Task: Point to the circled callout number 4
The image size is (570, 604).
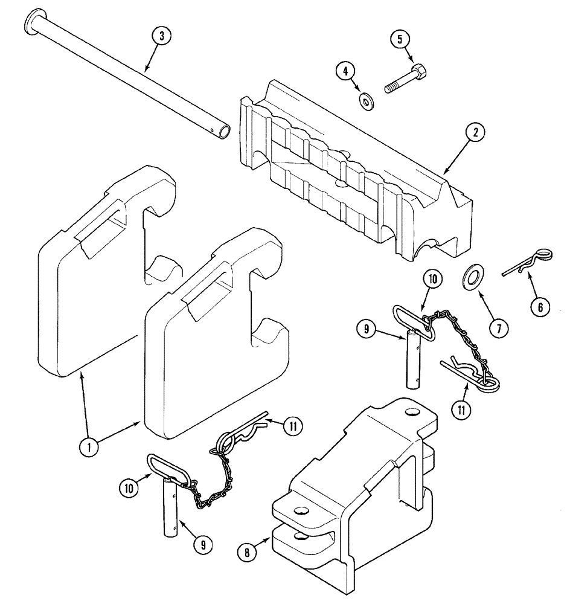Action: pos(345,72)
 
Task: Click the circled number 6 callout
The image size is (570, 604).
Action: pos(540,307)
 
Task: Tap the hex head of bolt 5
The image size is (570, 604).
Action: pos(418,75)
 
